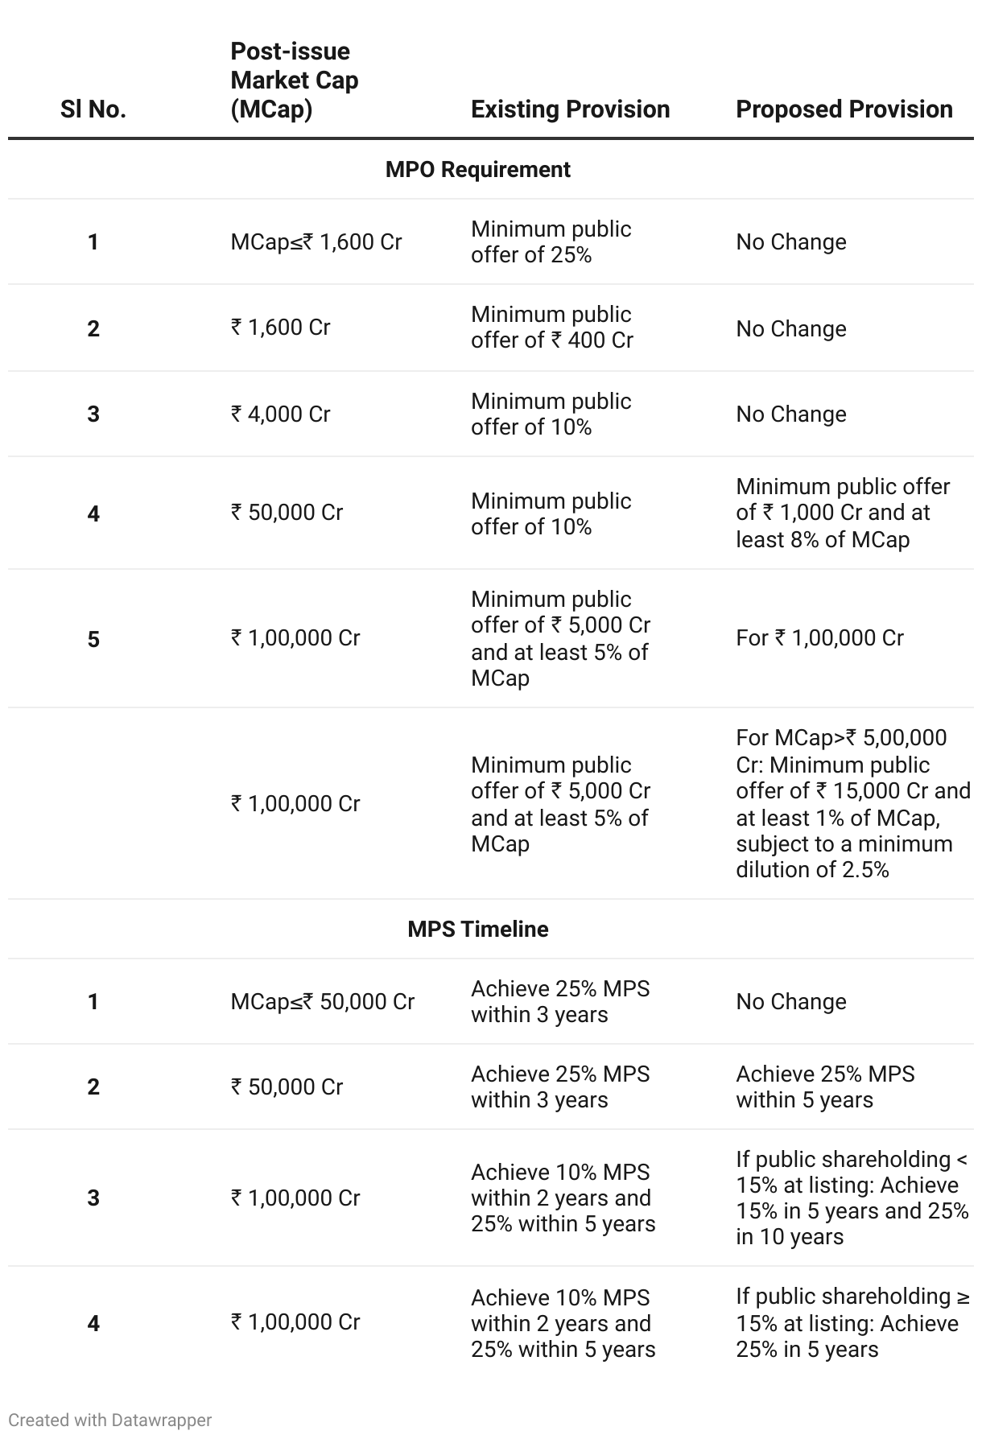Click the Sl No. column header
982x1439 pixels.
point(93,109)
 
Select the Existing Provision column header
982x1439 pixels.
point(570,109)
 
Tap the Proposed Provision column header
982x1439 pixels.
point(844,109)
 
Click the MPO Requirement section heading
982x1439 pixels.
point(478,170)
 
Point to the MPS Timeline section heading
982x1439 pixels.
point(478,929)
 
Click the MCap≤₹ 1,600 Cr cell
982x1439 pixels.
point(316,242)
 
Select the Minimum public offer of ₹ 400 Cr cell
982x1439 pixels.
point(552,328)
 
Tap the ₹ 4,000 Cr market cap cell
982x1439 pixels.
point(280,414)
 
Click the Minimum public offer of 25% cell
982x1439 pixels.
point(551,242)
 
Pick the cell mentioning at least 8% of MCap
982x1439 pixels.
point(842,513)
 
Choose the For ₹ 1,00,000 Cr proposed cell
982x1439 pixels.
point(819,638)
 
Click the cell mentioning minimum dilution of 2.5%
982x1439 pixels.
point(852,803)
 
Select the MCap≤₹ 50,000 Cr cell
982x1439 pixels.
point(322,1002)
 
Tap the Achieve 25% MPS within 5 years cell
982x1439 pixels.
point(824,1087)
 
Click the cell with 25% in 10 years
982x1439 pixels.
point(852,1198)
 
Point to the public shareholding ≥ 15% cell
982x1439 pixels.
point(852,1323)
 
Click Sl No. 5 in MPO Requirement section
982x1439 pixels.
point(93,640)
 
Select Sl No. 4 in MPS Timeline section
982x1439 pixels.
point(93,1323)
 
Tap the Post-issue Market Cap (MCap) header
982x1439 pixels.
point(294,80)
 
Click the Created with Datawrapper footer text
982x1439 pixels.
point(110,1420)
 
